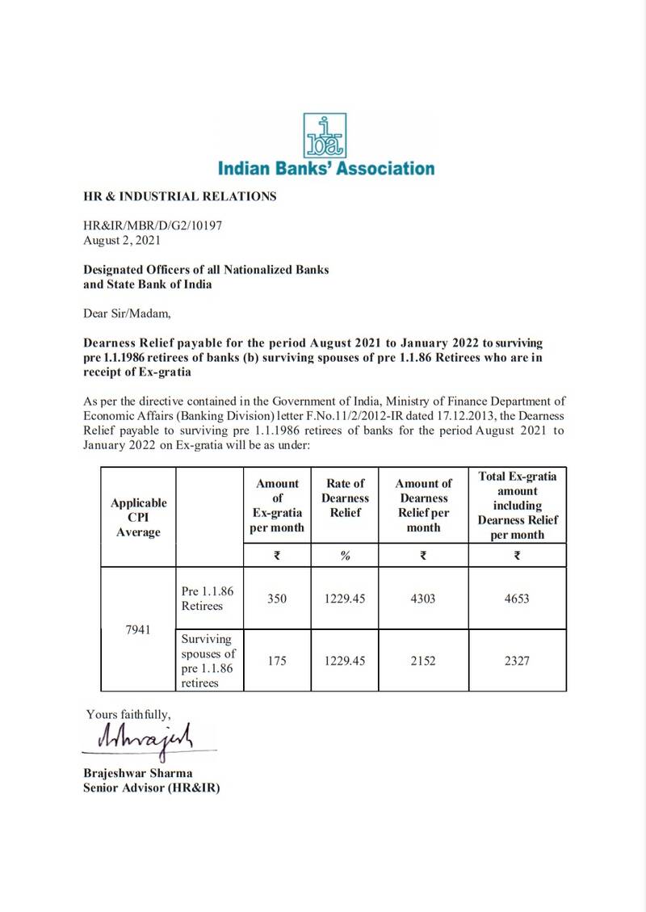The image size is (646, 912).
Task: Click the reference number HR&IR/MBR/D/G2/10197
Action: pyautogui.click(x=152, y=226)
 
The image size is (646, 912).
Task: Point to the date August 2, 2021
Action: pyautogui.click(x=123, y=240)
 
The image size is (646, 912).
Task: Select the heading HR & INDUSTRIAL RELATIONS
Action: pyautogui.click(x=180, y=196)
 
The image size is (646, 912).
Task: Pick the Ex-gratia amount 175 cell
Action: pyautogui.click(x=277, y=660)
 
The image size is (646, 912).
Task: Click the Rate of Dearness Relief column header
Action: pyautogui.click(x=345, y=498)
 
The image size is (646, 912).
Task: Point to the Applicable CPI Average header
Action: pyautogui.click(x=138, y=517)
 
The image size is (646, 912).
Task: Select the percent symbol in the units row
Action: pyautogui.click(x=345, y=555)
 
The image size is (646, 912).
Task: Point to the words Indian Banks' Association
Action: pyautogui.click(x=325, y=169)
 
